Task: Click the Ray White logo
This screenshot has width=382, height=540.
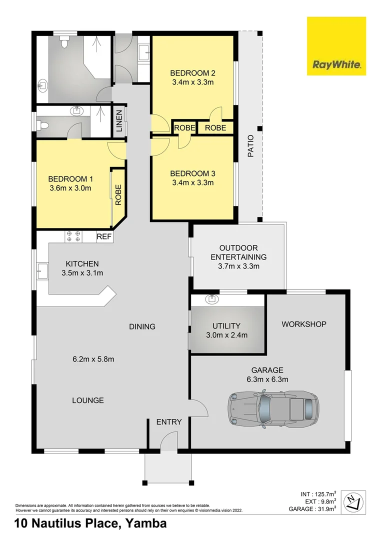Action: [x=336, y=46]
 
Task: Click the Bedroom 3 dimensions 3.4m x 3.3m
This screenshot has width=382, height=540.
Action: [x=192, y=182]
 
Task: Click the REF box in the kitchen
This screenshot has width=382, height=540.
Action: [x=104, y=236]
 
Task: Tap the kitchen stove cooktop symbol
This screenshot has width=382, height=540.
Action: [x=73, y=236]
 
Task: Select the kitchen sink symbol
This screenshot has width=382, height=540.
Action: [x=41, y=273]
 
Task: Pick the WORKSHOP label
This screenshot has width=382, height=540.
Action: [x=304, y=324]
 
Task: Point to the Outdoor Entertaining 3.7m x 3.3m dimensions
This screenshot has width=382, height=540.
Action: [x=238, y=266]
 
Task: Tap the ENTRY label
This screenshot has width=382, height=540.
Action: [x=169, y=422]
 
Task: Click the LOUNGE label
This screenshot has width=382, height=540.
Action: [x=88, y=400]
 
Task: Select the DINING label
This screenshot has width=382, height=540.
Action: [x=142, y=326]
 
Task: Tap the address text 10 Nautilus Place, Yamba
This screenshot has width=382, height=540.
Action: [x=90, y=524]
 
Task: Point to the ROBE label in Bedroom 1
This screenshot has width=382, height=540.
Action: [x=118, y=195]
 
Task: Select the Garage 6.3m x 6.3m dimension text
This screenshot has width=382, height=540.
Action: [x=267, y=379]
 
